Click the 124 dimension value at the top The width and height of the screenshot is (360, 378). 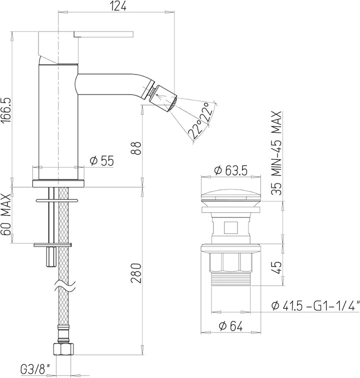click(118, 6)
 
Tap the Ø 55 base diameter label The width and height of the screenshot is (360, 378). click(101, 160)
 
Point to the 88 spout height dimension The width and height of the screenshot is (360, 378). click(136, 148)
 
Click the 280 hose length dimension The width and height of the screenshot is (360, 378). click(136, 273)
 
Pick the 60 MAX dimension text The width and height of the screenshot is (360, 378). click(6, 214)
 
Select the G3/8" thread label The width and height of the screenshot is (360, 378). click(35, 369)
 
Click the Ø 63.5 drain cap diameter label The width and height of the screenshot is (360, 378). click(231, 170)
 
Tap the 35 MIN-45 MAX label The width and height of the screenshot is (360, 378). click(276, 153)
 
